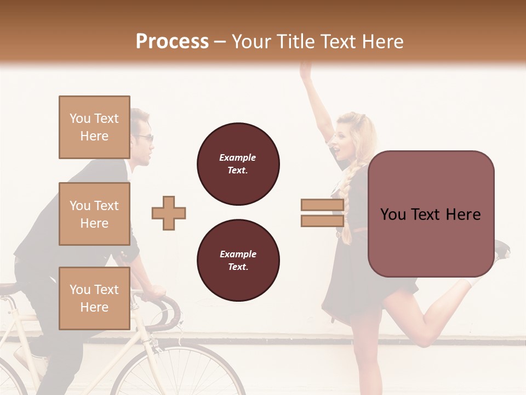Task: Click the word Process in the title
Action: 172,41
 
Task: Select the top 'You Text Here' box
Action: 94,127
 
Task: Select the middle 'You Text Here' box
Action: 94,214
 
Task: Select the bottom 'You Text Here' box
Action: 94,298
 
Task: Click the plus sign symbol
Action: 169,213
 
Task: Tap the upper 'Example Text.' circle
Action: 238,164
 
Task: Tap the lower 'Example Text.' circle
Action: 238,261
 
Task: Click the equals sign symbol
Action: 322,213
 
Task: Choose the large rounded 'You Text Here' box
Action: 431,214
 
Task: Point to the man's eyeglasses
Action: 146,137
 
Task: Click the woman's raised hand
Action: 305,70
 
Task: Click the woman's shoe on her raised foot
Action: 502,250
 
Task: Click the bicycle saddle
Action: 8,289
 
